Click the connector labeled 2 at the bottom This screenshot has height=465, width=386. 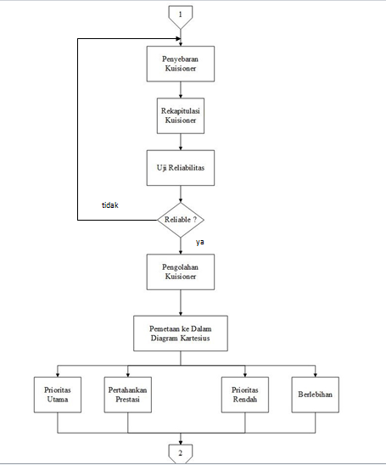click(180, 453)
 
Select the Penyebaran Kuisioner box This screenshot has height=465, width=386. click(181, 64)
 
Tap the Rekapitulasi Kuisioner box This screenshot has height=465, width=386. click(181, 115)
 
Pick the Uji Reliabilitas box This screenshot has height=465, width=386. click(181, 168)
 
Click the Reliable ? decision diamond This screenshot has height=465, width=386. click(181, 220)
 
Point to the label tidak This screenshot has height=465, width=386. click(110, 204)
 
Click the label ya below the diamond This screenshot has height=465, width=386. click(200, 242)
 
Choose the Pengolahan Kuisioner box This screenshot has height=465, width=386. click(181, 272)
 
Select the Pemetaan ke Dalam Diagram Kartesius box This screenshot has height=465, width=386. click(181, 333)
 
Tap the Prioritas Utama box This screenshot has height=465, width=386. click(58, 395)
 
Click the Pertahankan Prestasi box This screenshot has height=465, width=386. click(128, 395)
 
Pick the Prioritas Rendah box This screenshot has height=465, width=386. click(245, 395)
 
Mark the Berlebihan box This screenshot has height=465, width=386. click(315, 395)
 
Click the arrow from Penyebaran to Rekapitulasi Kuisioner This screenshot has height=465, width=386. click(181, 90)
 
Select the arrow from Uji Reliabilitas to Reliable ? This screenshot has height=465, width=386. click(181, 194)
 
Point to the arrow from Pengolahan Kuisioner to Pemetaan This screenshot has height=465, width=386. click(181, 302)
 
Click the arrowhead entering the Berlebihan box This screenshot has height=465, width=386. click(315, 375)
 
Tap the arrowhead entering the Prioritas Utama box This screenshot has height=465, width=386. click(58, 375)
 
